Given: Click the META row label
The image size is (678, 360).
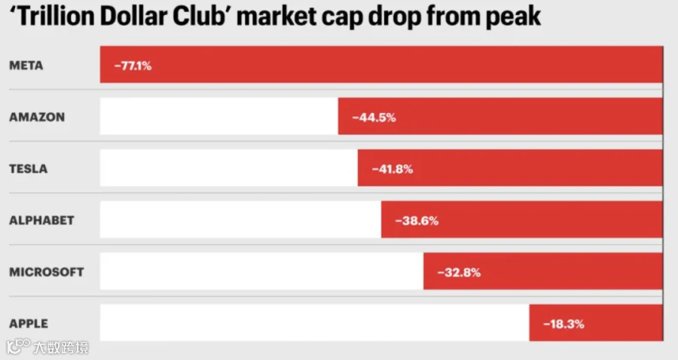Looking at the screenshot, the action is coord(26,66).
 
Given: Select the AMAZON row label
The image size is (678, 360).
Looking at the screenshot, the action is coord(37,117).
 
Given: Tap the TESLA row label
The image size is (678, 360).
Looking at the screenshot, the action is coord(28,169).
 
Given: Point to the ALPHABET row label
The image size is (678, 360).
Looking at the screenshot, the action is coord(41,221).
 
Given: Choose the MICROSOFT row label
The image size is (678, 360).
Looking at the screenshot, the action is coord(46,272).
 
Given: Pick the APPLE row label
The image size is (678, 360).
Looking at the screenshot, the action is coord(29,323).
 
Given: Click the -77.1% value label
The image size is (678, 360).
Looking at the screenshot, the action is coord(133,66).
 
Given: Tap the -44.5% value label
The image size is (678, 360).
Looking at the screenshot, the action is coord(374,117).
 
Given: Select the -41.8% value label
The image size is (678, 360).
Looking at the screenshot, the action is coord(392,169).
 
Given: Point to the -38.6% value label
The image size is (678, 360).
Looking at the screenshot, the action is coord(417,221).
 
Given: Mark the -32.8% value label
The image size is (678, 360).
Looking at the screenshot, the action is coord(459,273).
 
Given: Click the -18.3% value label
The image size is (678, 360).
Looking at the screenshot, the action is coord(563,324).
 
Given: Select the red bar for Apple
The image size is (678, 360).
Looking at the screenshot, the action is coord(596,322).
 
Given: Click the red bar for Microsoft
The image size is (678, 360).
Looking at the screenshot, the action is coord(543,271).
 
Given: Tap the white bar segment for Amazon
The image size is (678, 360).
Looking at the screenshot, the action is coord(218,116).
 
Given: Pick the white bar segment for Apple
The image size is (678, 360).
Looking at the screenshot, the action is coord(314,322).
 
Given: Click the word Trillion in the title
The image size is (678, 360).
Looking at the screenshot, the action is coord(56,17).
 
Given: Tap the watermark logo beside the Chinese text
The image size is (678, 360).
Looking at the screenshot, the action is coord(18,346).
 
